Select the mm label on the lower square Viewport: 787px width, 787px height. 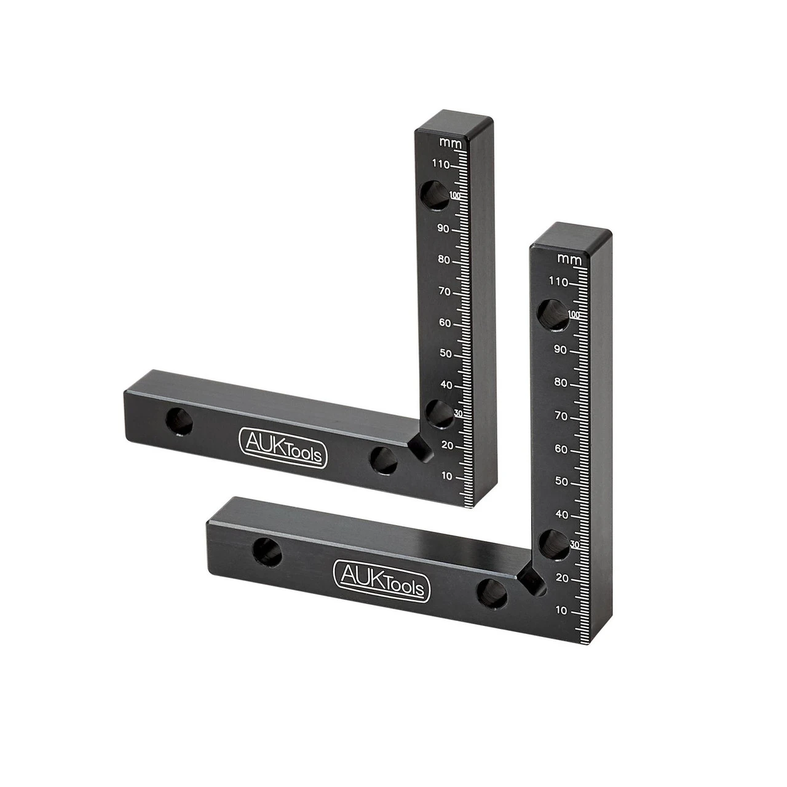(x=569, y=259)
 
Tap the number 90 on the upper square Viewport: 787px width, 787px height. (x=443, y=229)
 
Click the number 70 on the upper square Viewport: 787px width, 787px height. (x=445, y=291)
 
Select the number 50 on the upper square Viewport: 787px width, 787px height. (x=446, y=354)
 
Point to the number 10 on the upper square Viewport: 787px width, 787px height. (x=447, y=476)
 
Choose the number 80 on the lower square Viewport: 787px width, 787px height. (x=561, y=382)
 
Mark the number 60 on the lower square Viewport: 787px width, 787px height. (x=561, y=449)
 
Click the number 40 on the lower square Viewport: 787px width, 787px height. (x=561, y=515)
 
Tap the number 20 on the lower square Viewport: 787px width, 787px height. (x=561, y=578)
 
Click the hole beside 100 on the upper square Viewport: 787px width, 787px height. (x=433, y=194)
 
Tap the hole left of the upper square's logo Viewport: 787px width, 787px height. (x=179, y=421)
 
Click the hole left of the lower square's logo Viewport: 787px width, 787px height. (x=267, y=552)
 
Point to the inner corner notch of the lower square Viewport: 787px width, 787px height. (x=531, y=580)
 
